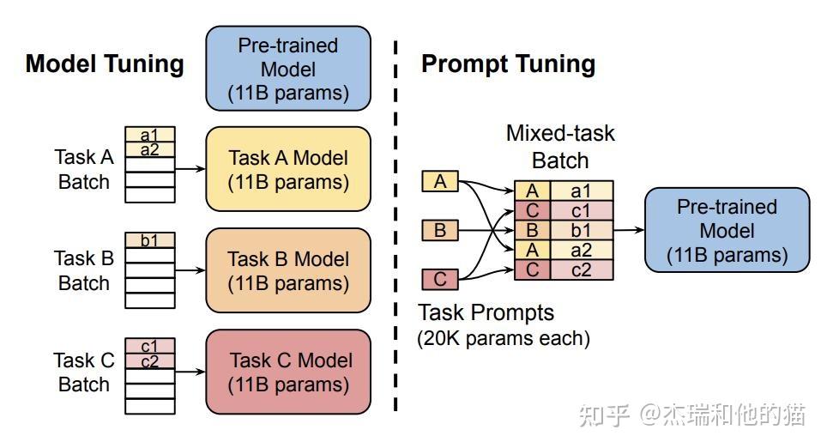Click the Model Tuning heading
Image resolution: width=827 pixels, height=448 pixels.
(x=105, y=64)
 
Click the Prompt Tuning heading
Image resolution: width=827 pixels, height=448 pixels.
(x=508, y=64)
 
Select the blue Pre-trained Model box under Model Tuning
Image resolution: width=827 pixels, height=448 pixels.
(x=288, y=69)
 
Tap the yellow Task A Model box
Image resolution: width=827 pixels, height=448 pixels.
(x=288, y=169)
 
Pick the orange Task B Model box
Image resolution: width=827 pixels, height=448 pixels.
(x=288, y=270)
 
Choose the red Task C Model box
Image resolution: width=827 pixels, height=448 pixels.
(x=288, y=372)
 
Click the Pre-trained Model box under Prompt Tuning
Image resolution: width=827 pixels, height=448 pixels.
(x=727, y=230)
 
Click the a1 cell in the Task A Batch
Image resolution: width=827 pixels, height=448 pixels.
(x=150, y=135)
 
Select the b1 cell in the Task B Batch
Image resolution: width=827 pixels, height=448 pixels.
(x=150, y=240)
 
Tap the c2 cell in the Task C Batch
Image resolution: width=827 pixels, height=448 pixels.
(x=150, y=361)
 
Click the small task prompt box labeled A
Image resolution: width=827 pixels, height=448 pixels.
(x=440, y=181)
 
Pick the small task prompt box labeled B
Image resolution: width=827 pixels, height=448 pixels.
(x=440, y=230)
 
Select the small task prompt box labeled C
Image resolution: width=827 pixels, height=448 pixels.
(x=440, y=279)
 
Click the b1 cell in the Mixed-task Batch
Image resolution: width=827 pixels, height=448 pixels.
(x=582, y=230)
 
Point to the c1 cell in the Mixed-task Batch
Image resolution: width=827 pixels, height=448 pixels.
(x=582, y=210)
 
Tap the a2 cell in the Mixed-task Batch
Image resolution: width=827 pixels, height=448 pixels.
(x=582, y=250)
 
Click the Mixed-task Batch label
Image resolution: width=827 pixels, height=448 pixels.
(x=560, y=147)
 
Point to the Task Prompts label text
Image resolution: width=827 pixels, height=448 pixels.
(x=486, y=312)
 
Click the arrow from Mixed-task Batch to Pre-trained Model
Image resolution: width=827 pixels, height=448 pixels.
(x=630, y=230)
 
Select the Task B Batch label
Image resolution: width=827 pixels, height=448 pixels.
(x=84, y=270)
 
